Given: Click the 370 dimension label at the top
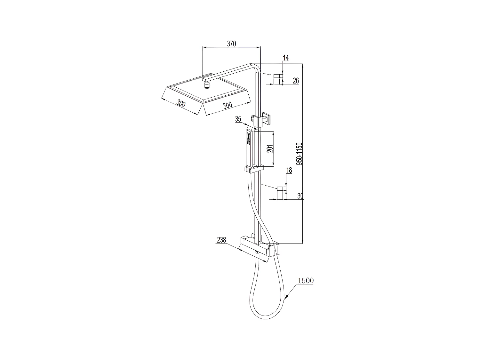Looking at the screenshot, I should point(231,44).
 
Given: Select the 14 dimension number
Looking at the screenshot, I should point(286,58).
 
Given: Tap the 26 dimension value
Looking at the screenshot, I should point(295,80).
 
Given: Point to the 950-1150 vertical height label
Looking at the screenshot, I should point(299,154).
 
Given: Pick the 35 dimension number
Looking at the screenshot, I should point(238,119).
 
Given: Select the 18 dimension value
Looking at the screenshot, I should point(289,170).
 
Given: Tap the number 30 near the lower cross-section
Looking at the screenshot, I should point(300,196).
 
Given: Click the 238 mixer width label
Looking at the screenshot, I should point(221,240).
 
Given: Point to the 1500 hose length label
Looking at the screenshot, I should point(306,281).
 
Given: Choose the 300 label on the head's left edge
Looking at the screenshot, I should point(181,104).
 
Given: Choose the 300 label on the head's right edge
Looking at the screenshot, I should point(227,105).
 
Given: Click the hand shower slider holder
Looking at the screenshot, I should point(254,169).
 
